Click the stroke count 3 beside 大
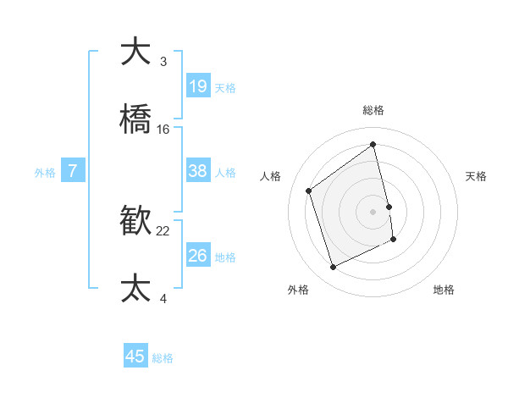(163, 62)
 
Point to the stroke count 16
(163, 130)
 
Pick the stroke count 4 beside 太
(163, 299)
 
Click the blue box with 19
(198, 86)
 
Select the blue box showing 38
(198, 171)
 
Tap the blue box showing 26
(198, 255)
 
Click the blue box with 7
(74, 171)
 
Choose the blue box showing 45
(135, 357)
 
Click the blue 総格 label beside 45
(163, 358)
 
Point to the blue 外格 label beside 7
(45, 173)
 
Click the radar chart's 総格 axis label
(373, 110)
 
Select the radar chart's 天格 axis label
(476, 176)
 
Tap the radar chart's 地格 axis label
(444, 290)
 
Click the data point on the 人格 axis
(309, 191)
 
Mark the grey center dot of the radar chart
(373, 211)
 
